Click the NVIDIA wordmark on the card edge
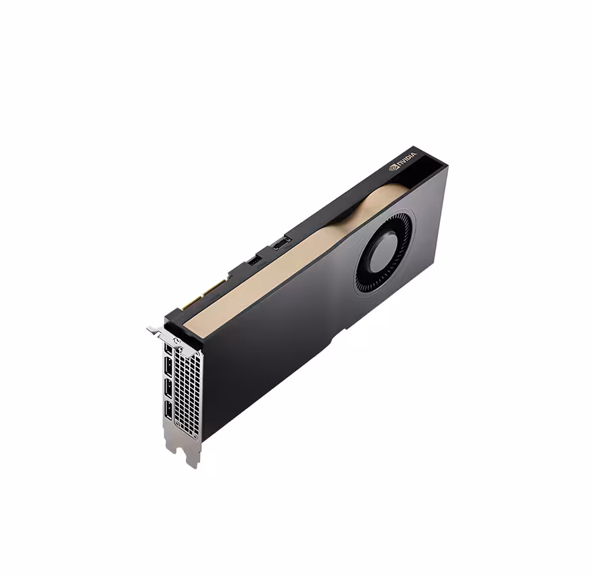coord(407,160)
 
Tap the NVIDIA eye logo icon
coord(394,166)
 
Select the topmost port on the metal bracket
coord(168,349)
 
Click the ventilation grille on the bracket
coord(188,389)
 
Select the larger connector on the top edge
coord(281,242)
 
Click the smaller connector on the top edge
coord(254,260)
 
